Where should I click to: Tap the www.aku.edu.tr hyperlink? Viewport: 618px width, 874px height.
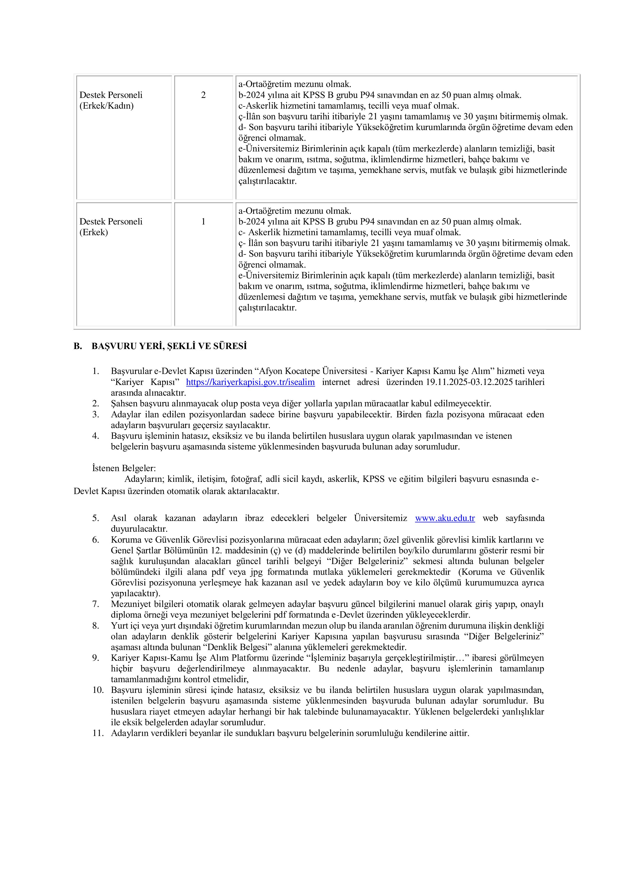445,518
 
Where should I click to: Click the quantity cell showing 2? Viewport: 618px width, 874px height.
203,95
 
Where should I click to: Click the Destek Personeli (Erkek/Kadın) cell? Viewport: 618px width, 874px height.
111,100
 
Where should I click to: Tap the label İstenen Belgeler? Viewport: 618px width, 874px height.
124,468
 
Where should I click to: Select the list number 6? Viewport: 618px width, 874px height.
96,540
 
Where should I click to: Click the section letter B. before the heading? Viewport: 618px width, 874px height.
78,346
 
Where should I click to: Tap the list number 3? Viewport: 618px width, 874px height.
96,415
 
